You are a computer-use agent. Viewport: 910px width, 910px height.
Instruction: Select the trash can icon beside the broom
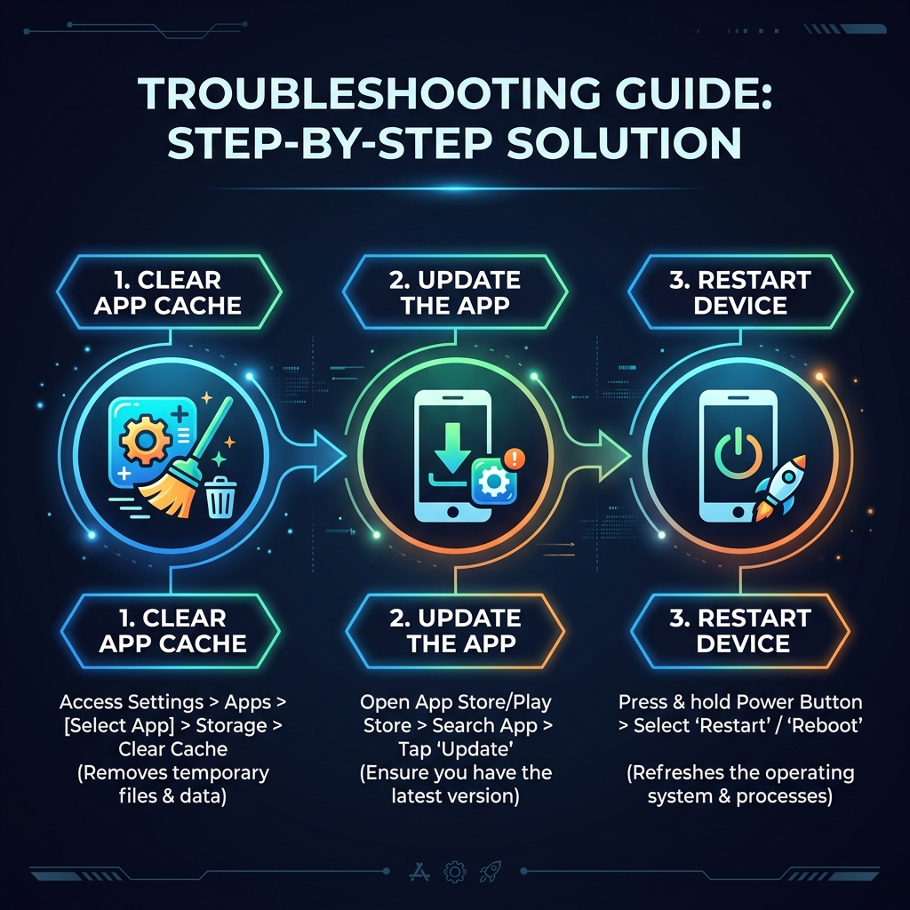pyautogui.click(x=219, y=495)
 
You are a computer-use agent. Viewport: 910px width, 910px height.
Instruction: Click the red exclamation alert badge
pyautogui.click(x=514, y=459)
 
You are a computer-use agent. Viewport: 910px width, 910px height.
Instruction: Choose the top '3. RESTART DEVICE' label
pyautogui.click(x=741, y=292)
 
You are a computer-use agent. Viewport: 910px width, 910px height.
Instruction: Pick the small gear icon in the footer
pyautogui.click(x=454, y=870)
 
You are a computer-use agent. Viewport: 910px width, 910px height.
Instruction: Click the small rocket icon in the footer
pyautogui.click(x=488, y=870)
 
